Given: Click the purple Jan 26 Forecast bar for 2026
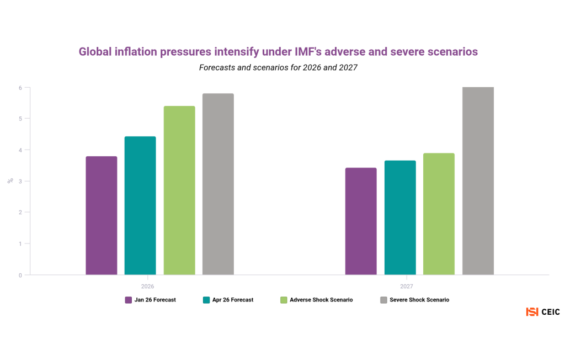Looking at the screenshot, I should click(102, 215).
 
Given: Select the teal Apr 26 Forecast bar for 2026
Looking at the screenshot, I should click(140, 205).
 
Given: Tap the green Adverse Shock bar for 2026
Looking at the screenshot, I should click(179, 190).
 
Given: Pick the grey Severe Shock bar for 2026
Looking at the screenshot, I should click(218, 184).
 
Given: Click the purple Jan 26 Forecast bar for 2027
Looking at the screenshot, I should click(361, 221).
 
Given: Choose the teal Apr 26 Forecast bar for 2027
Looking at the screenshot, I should click(400, 218).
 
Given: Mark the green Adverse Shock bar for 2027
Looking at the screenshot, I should click(439, 214).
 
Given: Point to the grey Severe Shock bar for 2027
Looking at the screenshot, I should click(478, 181).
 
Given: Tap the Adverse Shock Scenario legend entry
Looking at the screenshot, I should click(316, 300).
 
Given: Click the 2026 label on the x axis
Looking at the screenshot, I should click(147, 287).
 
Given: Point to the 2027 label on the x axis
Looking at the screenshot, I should click(407, 287).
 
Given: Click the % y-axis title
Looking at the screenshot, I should click(9, 181).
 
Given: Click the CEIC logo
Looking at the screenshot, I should click(543, 312).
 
